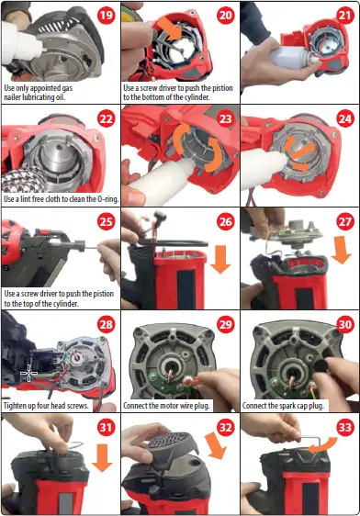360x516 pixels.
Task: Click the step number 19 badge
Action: tap(106, 15)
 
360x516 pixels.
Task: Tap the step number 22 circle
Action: tap(106, 119)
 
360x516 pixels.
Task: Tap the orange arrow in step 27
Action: tap(339, 251)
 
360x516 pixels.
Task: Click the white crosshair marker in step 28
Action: tap(28, 373)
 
